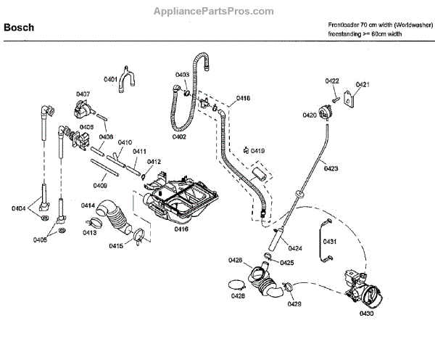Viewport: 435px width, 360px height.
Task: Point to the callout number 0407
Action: click(83, 94)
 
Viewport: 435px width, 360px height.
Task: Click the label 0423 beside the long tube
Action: click(331, 168)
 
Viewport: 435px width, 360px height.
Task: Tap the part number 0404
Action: click(20, 210)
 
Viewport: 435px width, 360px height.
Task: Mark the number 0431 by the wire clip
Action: click(329, 241)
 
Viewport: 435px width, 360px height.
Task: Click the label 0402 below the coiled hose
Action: click(179, 136)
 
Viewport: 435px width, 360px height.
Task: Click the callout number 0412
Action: click(154, 162)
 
